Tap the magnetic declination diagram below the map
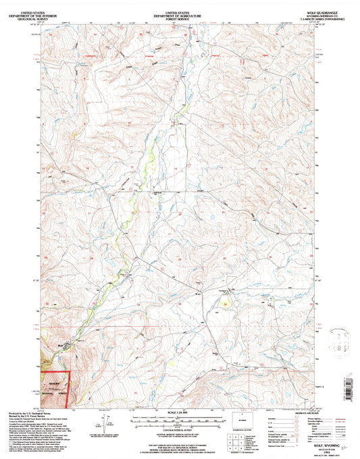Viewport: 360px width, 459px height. [x=106, y=423]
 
